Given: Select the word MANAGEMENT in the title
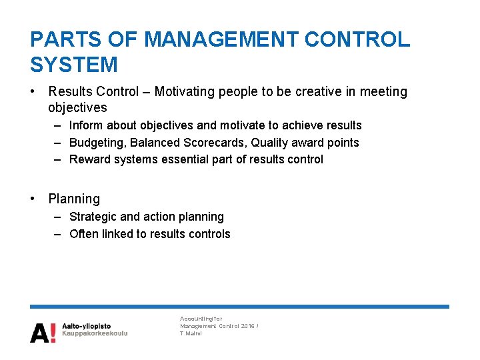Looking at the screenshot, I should coord(223,39).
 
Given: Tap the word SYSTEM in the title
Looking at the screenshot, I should coord(74,65).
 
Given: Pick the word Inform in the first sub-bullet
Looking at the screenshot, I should coord(85,125).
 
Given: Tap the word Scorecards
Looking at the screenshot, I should coord(216,143).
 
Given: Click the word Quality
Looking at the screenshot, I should coord(270,143).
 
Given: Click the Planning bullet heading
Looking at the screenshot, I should coord(74,199).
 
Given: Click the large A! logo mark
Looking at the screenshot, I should coord(43,331).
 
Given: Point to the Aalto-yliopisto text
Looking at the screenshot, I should coord(87,326).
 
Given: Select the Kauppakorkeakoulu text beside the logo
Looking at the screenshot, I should coord(95,333).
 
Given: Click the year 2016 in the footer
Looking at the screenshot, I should coord(247,326).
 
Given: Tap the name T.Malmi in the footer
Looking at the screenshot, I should coord(191,333).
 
